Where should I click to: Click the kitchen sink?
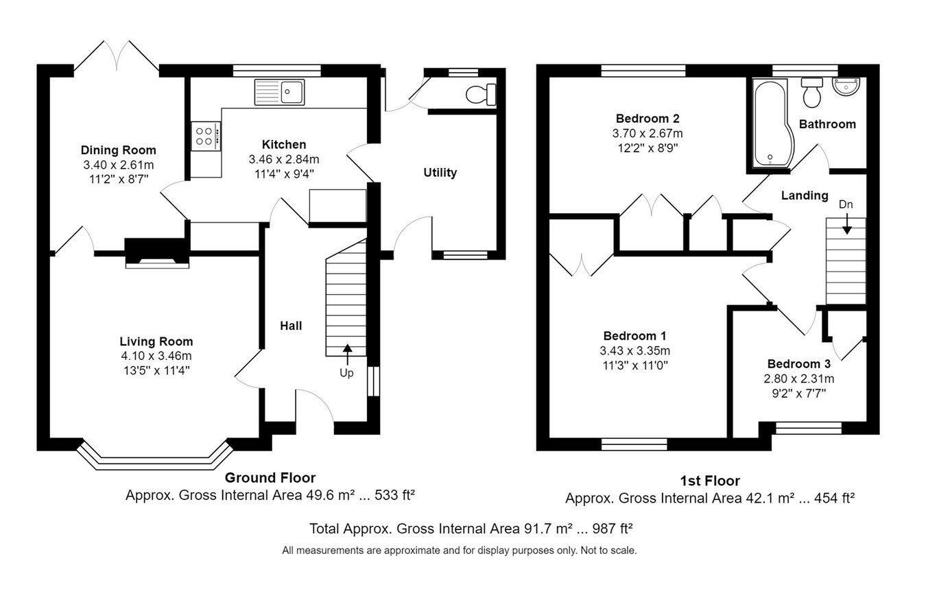(279, 92)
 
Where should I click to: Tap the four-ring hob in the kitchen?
(206, 136)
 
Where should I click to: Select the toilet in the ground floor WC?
(481, 95)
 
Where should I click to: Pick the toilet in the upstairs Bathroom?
(812, 93)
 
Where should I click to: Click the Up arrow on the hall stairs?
(347, 355)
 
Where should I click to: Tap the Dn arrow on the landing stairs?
(846, 224)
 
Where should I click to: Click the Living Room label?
(156, 341)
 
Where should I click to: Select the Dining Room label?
(118, 150)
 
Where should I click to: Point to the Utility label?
(440, 172)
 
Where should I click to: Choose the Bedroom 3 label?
(798, 363)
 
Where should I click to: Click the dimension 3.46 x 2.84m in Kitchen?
(284, 159)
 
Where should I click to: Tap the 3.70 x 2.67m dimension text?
(648, 134)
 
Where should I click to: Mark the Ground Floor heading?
(270, 478)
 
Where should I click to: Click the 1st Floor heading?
(710, 481)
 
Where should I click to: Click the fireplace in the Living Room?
(157, 253)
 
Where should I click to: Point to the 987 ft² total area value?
(613, 529)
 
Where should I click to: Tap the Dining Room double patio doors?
(116, 58)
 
